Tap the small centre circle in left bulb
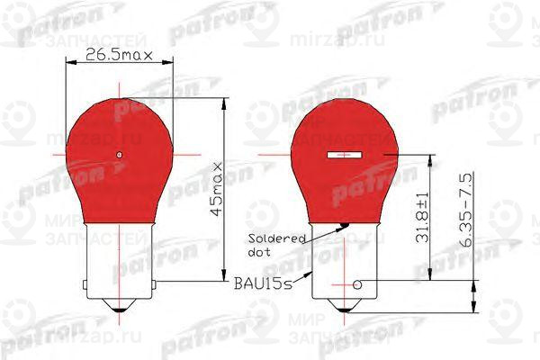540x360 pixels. (120, 156)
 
